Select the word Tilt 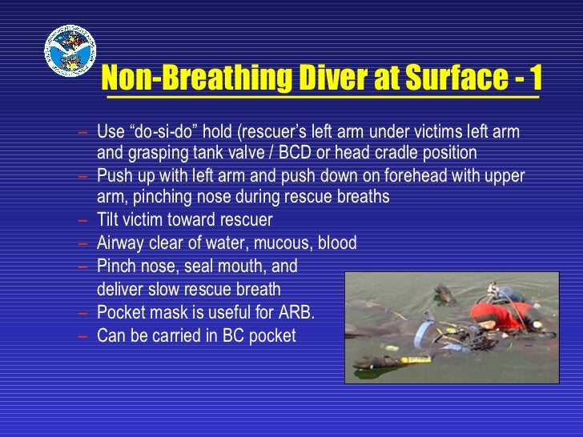110,220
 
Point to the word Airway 122,243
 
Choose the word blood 337,243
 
